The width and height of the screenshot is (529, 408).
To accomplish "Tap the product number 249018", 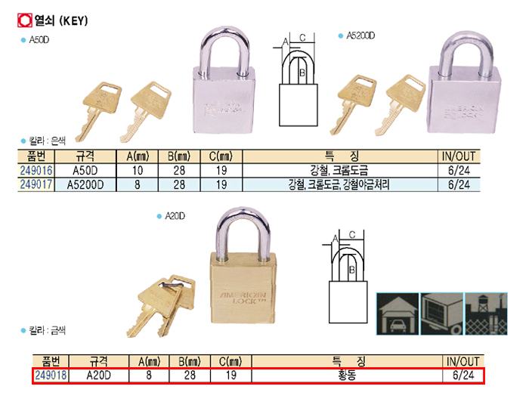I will pyautogui.click(x=50, y=375).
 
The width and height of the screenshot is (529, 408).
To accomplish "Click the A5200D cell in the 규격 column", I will pyautogui.click(x=85, y=184).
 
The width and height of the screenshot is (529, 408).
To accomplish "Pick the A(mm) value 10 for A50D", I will pyautogui.click(x=138, y=171).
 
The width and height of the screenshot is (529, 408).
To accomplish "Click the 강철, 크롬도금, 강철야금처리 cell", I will pyautogui.click(x=339, y=184).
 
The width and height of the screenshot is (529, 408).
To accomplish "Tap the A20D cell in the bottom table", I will pyautogui.click(x=99, y=375).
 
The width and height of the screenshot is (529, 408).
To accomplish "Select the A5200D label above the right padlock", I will pyautogui.click(x=360, y=36).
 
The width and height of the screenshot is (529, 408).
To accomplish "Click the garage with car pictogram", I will pyautogui.click(x=398, y=311).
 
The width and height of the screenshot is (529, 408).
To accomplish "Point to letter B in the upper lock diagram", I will pyautogui.click(x=302, y=73).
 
